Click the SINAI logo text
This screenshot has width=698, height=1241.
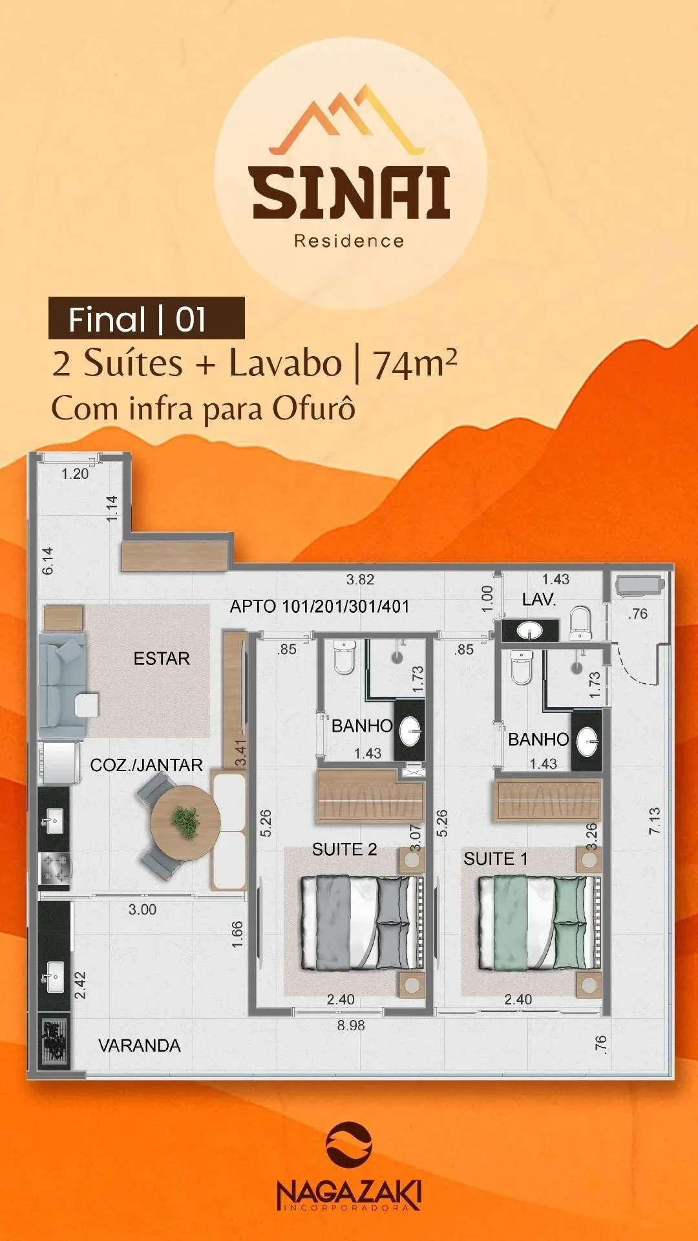pyautogui.click(x=351, y=192)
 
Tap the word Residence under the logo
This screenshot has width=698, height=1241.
pyautogui.click(x=349, y=241)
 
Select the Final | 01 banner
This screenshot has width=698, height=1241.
pyautogui.click(x=147, y=318)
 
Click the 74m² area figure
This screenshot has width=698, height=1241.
pyautogui.click(x=414, y=365)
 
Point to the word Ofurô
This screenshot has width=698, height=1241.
pyautogui.click(x=313, y=408)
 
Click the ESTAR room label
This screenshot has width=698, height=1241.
pyautogui.click(x=162, y=659)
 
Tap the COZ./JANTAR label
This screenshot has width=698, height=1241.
pyautogui.click(x=147, y=765)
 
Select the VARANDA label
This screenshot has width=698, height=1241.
pyautogui.click(x=140, y=1045)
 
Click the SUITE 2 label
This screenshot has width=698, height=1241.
pyautogui.click(x=344, y=849)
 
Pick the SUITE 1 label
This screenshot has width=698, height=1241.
pyautogui.click(x=496, y=859)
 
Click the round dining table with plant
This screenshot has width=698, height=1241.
pyautogui.click(x=185, y=822)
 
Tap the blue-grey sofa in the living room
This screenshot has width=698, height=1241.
pyautogui.click(x=62, y=686)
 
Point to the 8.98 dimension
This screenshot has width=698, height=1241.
pyautogui.click(x=351, y=1025)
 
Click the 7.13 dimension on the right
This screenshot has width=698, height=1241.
pyautogui.click(x=655, y=821)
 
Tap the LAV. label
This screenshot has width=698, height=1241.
pyautogui.click(x=539, y=599)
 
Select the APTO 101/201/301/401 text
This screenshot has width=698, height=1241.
pyautogui.click(x=320, y=606)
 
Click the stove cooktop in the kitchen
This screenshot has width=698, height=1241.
pyautogui.click(x=54, y=868)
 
